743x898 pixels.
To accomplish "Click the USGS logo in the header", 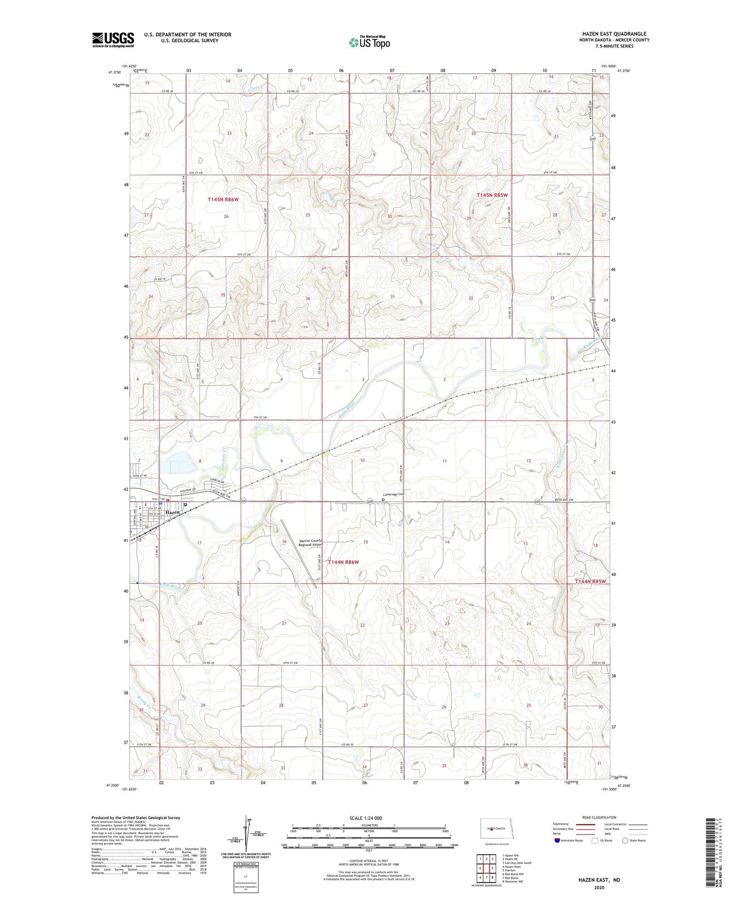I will (x=113, y=40).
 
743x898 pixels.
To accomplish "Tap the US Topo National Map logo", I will (x=369, y=42).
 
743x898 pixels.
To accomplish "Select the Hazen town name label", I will (x=173, y=512).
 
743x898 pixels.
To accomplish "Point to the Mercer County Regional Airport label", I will (x=311, y=543).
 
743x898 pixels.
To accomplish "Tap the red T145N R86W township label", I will (x=224, y=199).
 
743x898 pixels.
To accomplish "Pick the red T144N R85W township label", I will (x=590, y=581).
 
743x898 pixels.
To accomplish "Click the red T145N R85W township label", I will (x=492, y=195).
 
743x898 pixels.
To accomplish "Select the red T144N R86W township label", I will (x=343, y=562).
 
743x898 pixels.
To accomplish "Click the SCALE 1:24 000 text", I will (x=366, y=818).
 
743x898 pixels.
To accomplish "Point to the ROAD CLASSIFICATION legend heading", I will (x=599, y=817).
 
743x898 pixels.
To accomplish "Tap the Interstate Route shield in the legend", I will (x=558, y=840).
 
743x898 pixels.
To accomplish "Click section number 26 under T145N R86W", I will (x=226, y=217).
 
